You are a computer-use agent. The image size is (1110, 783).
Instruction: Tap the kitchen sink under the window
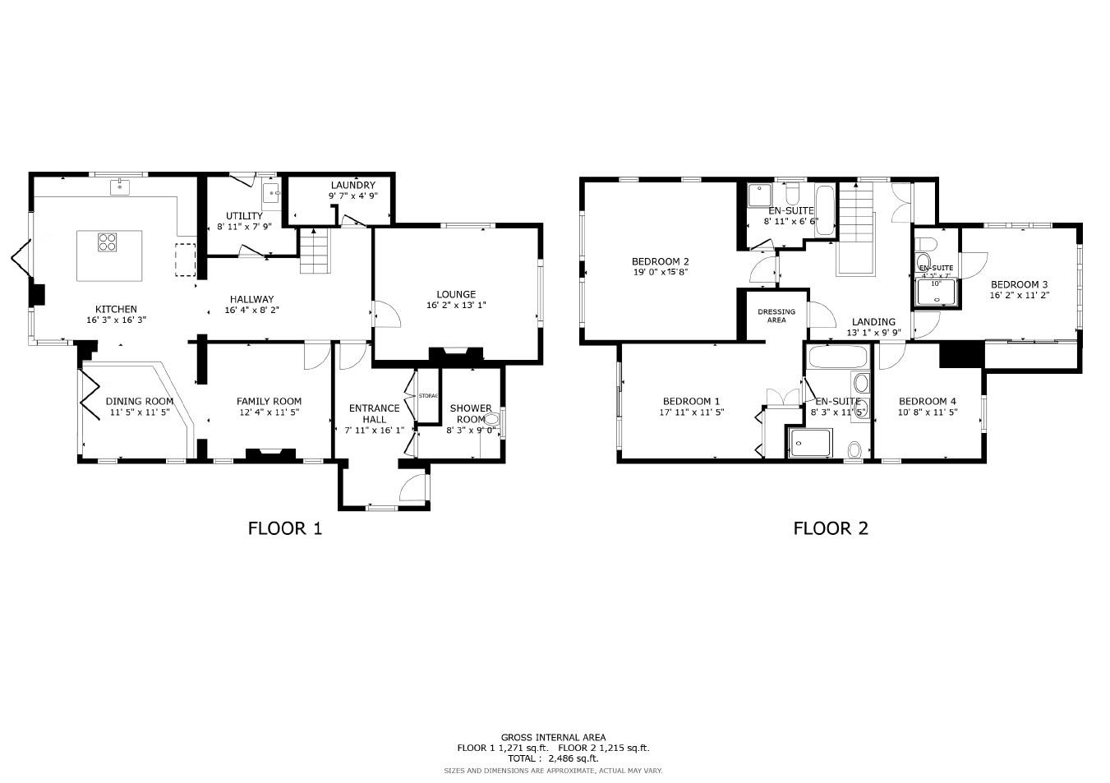[120, 187]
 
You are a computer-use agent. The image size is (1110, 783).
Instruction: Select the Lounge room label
[456, 294]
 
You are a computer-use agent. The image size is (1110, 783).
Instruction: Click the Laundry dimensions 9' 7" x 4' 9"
[352, 196]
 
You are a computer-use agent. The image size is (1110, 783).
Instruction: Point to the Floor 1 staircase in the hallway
[315, 251]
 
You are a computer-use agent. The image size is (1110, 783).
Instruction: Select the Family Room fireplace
[270, 453]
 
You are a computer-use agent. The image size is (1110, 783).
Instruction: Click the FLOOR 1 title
[284, 528]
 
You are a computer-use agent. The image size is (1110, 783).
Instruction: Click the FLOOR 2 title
[830, 528]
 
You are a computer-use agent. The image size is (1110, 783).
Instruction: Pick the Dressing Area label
[776, 316]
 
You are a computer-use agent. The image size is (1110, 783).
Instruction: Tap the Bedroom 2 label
[661, 261]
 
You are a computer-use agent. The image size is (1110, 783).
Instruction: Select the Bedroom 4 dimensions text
[928, 412]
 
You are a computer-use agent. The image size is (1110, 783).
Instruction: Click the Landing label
[873, 322]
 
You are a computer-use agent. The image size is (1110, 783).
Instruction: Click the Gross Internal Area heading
[553, 737]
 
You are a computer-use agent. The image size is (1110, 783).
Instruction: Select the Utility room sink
[272, 195]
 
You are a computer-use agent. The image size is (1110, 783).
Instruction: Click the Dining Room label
[139, 401]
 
